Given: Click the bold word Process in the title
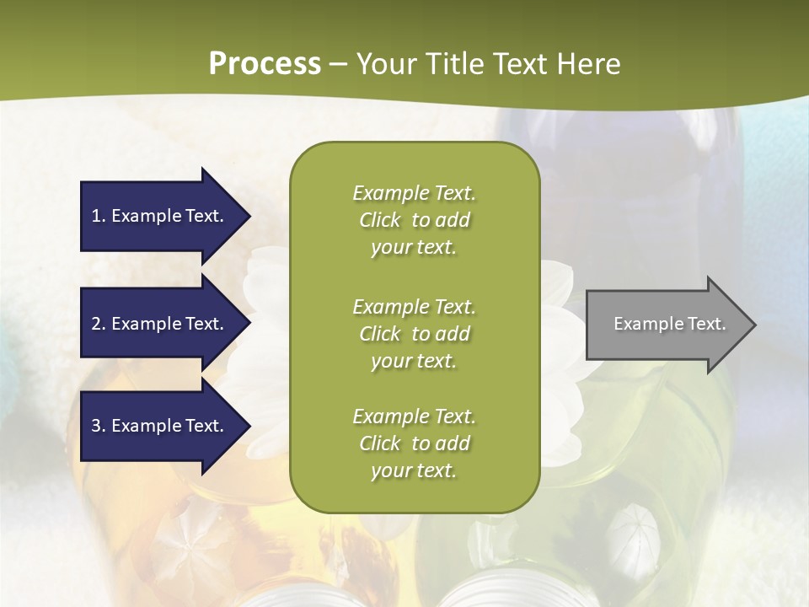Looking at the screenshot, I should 265,64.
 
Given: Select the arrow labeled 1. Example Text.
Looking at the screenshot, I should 160,216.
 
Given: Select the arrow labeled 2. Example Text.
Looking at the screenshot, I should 160,324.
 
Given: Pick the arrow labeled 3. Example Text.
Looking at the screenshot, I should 160,426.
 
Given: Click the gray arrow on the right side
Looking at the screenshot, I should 666,324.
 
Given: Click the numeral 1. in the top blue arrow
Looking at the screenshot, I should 99,216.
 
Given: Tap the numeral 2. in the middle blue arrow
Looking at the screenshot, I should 99,324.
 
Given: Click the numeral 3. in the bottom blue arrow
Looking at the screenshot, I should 99,426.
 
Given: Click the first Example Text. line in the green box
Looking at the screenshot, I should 414,193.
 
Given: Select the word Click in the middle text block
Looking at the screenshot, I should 380,334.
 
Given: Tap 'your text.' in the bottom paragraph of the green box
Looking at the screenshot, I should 414,471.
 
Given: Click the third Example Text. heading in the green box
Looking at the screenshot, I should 414,416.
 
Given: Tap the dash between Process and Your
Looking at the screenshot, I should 339,65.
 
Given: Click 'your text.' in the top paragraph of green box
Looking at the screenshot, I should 414,248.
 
